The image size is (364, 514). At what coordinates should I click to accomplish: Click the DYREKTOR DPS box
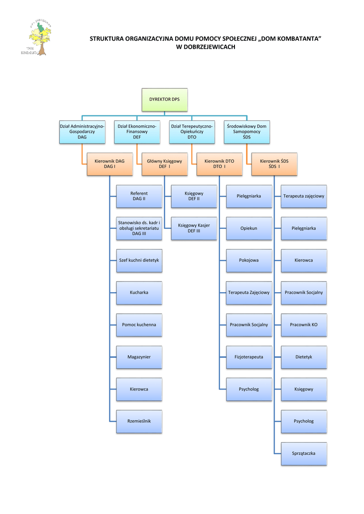click(x=164, y=99)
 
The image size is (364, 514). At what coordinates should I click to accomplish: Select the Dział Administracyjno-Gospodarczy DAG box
click(x=82, y=132)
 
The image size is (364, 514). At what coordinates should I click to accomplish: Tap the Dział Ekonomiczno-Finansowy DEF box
click(x=137, y=132)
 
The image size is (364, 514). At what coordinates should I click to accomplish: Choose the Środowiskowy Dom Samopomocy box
click(x=247, y=132)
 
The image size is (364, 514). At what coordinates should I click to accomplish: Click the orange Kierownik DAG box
click(x=109, y=164)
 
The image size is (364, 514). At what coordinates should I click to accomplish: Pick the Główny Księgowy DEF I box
click(x=164, y=164)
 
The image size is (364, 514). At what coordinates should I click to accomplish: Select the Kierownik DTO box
click(x=219, y=164)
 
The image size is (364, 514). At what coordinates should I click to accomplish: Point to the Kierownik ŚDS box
click(x=274, y=164)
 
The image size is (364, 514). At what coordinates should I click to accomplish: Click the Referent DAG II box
click(x=139, y=196)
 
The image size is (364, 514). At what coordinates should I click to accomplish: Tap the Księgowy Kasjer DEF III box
click(x=194, y=228)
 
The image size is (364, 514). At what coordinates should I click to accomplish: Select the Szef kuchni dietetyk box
click(x=139, y=261)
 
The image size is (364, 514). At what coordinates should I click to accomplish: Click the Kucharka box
click(x=139, y=293)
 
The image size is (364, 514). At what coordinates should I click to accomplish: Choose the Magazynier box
click(x=139, y=357)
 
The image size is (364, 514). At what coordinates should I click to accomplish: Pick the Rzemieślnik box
click(x=139, y=421)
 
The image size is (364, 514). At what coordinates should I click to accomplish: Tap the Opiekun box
click(x=249, y=228)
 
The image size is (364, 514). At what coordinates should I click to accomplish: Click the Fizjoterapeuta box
click(x=249, y=357)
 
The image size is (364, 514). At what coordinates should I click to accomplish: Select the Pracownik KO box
click(x=304, y=325)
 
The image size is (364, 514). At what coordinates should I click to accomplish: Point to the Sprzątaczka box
click(x=304, y=454)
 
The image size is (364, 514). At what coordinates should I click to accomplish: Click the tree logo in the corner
click(x=37, y=38)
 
